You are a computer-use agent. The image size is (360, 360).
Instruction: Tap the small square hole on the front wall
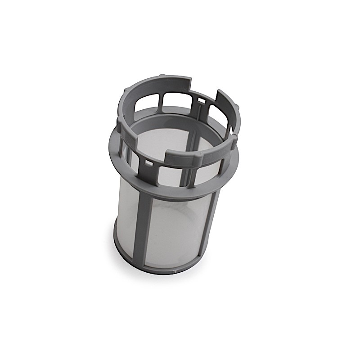[147, 161]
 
